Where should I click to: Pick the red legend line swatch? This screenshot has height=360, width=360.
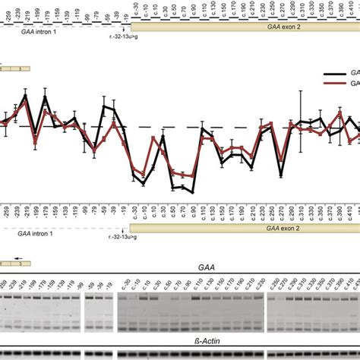coord(332,85)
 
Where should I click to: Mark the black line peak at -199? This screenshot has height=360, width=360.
coord(45,98)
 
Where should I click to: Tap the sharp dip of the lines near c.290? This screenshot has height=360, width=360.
coord(281,173)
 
